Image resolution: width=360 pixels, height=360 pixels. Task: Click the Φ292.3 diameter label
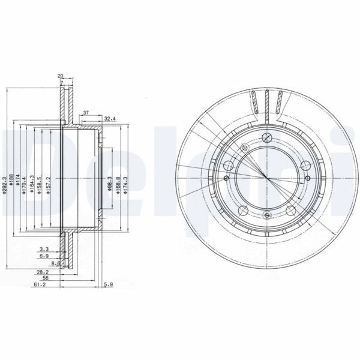coord(5,180)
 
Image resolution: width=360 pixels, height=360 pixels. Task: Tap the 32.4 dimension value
coord(110,118)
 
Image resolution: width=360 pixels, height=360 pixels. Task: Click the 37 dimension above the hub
coord(86,112)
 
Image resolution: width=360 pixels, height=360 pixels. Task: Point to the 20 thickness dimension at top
coord(61,76)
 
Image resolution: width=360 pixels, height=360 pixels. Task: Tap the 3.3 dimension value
coord(44,248)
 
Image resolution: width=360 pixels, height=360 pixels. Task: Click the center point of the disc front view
coord(265,173)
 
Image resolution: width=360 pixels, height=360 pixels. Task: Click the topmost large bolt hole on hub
coord(265,136)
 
